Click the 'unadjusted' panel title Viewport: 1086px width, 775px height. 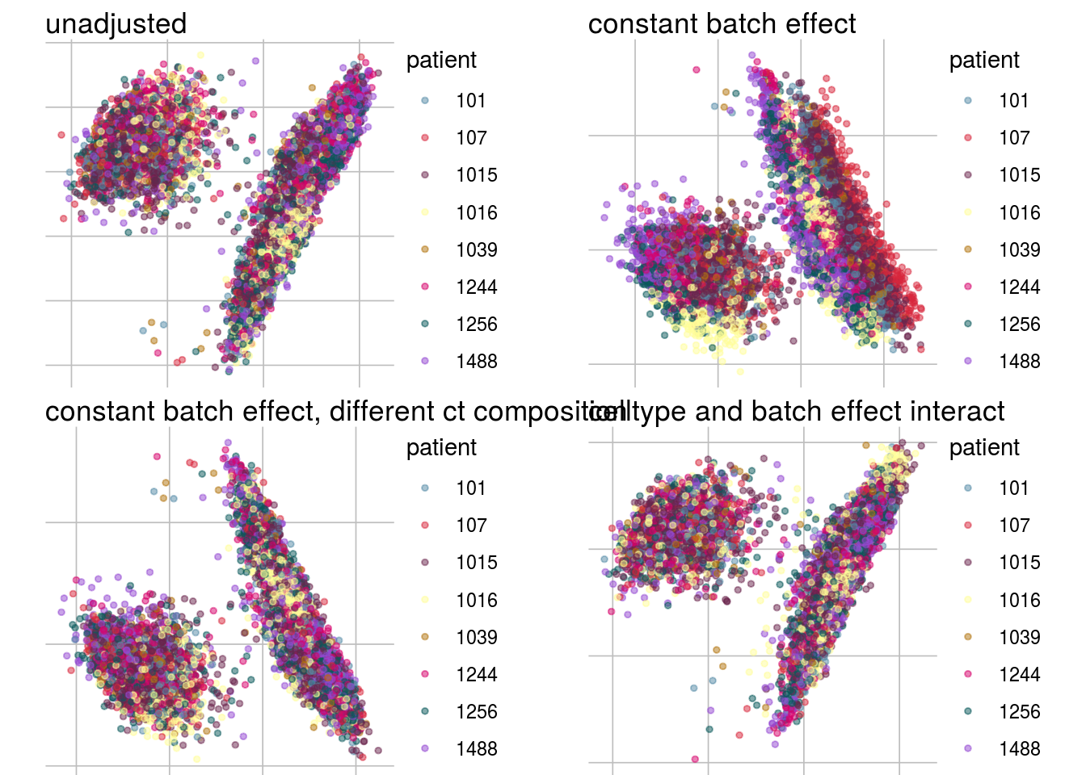click(x=116, y=24)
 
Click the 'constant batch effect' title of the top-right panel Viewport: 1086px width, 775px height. click(x=722, y=24)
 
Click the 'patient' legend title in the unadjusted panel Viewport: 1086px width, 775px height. click(x=441, y=61)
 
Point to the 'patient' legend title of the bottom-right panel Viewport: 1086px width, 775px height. click(x=984, y=448)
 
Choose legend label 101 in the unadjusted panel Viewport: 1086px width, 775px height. click(x=470, y=101)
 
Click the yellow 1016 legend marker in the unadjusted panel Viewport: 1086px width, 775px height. click(x=425, y=213)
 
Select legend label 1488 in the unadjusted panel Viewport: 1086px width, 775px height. click(x=476, y=362)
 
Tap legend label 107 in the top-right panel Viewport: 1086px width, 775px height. click(x=1013, y=138)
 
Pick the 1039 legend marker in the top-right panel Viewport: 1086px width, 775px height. click(x=968, y=250)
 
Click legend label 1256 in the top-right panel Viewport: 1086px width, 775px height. click(x=1019, y=325)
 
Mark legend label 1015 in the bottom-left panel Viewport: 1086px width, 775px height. click(x=476, y=563)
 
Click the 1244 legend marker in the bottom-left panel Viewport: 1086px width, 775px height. click(x=425, y=675)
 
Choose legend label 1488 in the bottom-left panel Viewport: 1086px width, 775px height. click(x=476, y=749)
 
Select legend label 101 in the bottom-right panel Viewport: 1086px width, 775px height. click(x=1013, y=488)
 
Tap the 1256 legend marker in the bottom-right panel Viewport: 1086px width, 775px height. click(x=968, y=712)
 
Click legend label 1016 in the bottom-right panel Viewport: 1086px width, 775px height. click(x=1019, y=601)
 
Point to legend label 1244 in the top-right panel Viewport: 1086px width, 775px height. click(x=1019, y=287)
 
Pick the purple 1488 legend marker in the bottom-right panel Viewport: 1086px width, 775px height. click(x=968, y=749)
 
